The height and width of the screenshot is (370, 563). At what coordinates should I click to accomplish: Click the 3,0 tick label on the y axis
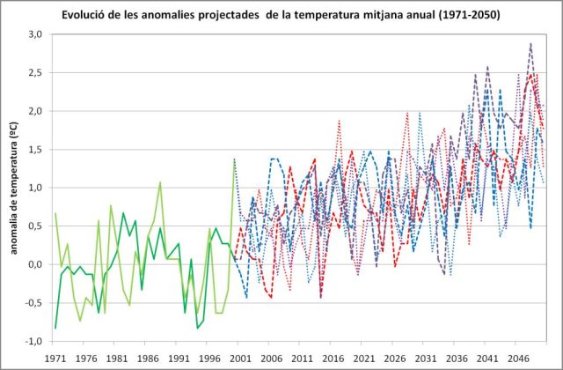(x=36, y=34)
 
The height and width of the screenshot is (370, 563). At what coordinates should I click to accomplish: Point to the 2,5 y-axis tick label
(x=36, y=73)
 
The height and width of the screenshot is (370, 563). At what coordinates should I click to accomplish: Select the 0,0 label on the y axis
(x=36, y=264)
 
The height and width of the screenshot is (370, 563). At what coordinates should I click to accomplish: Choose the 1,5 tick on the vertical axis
(x=36, y=150)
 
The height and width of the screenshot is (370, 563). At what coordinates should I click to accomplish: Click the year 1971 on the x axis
(x=55, y=359)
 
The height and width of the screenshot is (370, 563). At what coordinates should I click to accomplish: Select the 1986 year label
(x=147, y=359)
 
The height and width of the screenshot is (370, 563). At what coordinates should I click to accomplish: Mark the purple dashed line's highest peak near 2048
(x=530, y=43)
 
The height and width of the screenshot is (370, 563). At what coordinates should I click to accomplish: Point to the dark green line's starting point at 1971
(x=55, y=328)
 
